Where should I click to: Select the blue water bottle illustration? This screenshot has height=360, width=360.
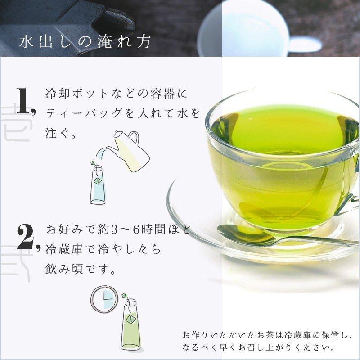[97, 184]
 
